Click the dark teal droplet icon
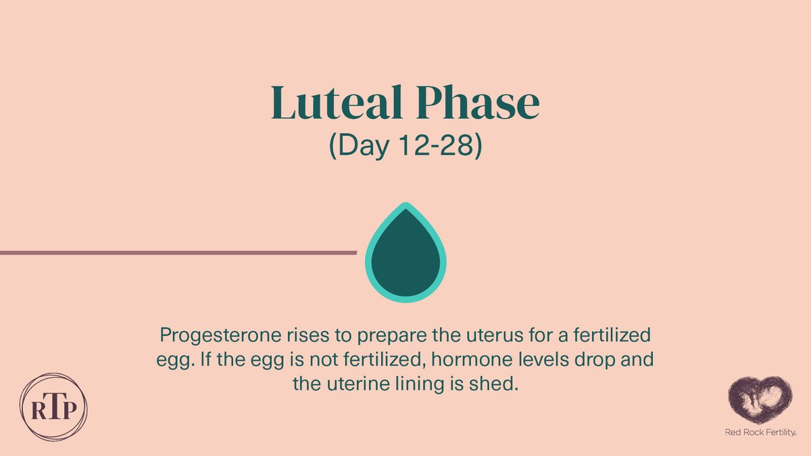coord(405,253)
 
